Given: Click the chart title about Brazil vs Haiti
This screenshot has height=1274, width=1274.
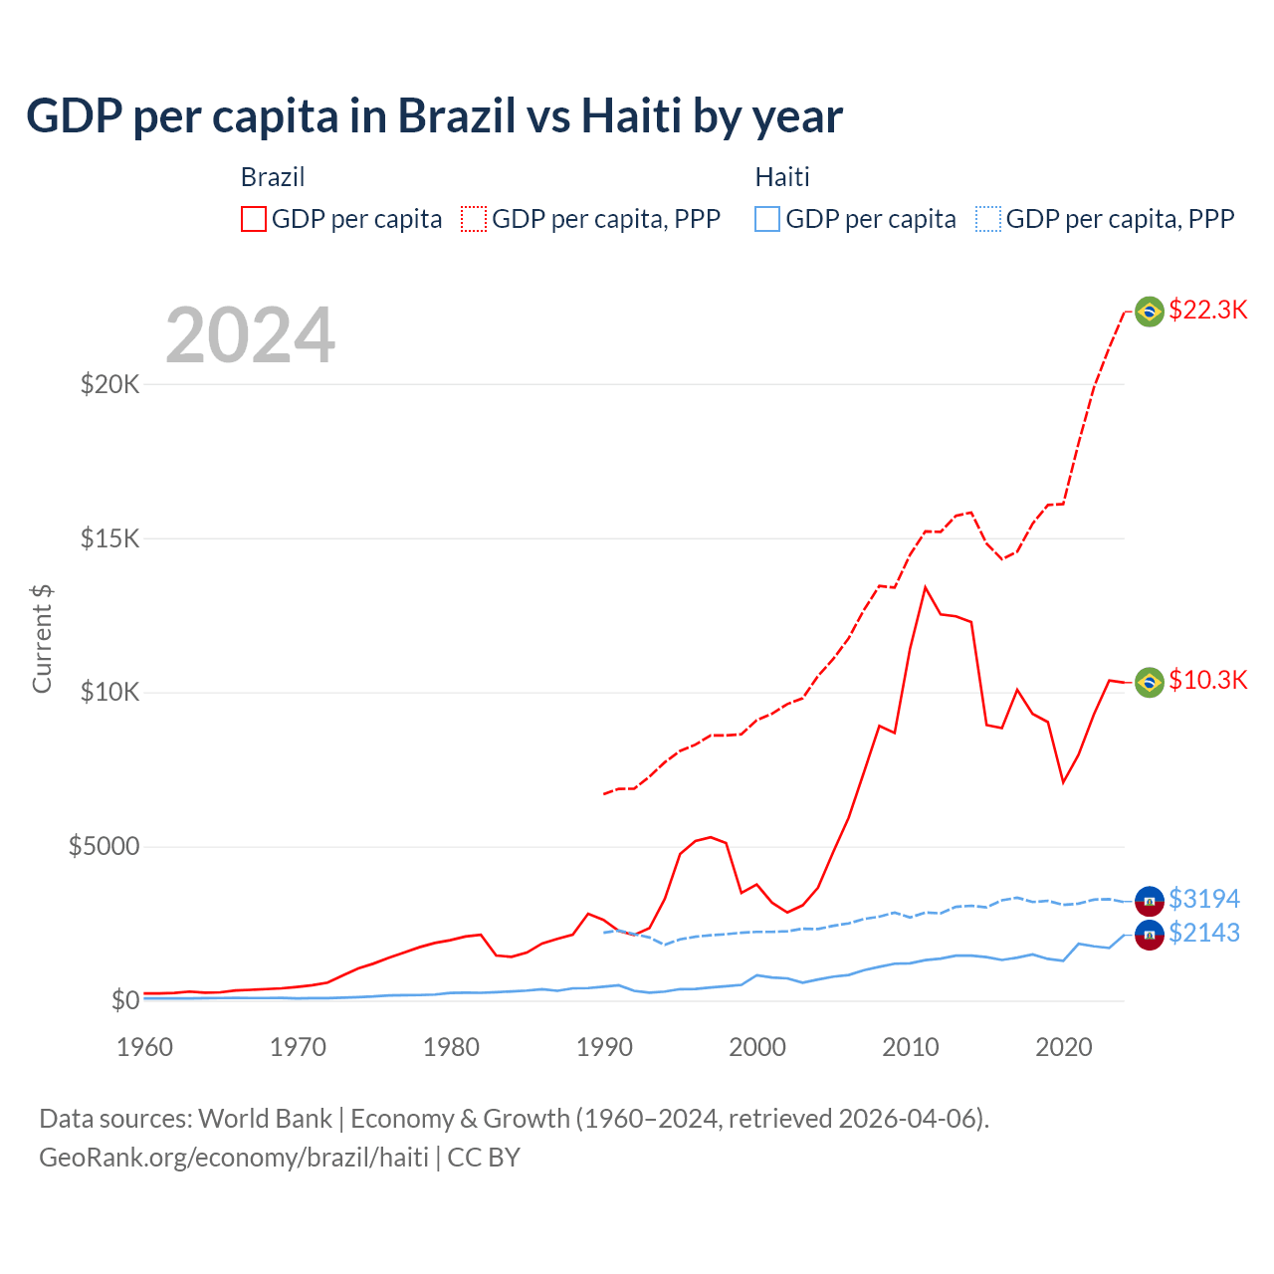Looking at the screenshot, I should coord(434,116).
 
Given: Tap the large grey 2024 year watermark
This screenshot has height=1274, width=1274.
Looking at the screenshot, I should coord(250,335).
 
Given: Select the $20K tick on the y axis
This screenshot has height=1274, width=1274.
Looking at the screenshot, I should coord(109,384).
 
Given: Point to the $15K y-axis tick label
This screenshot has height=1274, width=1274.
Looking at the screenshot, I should coord(109,538).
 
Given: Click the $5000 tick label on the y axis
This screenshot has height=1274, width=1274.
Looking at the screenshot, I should coord(104,847).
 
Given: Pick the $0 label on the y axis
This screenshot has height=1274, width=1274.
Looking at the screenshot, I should coord(124,1000).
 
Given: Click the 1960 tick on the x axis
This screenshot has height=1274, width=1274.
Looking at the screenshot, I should coord(145,1047).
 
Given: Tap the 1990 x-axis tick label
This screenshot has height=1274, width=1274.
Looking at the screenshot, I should coord(604,1047).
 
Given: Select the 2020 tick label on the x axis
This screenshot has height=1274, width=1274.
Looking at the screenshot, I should coord(1064,1047).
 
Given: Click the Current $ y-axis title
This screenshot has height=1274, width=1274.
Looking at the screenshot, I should coord(42,639).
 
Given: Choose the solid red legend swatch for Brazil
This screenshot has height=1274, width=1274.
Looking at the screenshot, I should coord(254,219).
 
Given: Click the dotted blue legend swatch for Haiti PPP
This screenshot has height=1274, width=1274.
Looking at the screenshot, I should coord(988,219).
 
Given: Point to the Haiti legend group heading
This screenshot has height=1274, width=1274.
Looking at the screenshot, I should coord(782,177).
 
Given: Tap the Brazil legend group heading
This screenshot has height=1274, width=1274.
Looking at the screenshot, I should coord(273,177).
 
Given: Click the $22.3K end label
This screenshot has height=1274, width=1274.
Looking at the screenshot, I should coord(1207,310).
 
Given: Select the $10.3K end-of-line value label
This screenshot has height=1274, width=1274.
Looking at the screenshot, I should coord(1207,680).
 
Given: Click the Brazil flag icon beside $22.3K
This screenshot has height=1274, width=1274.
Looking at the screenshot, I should coord(1150,312).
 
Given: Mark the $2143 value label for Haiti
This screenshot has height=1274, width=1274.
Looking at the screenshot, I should coord(1204,933).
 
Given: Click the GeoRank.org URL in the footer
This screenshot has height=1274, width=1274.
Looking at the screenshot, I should coord(234,1158).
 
